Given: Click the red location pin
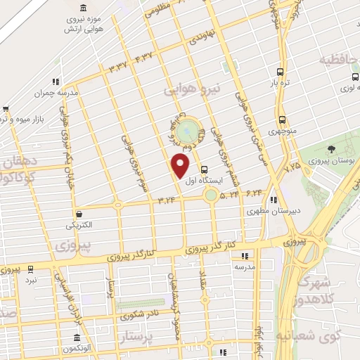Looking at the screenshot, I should coord(181,166).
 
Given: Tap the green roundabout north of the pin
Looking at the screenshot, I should coord(186,131).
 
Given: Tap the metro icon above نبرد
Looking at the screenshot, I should coord(30,269).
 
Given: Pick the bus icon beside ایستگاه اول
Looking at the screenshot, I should coord(204,169).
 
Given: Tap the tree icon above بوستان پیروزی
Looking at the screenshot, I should coord(330,148).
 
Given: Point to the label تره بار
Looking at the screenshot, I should coord(281,82).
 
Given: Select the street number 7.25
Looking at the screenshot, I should coord(292,168).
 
